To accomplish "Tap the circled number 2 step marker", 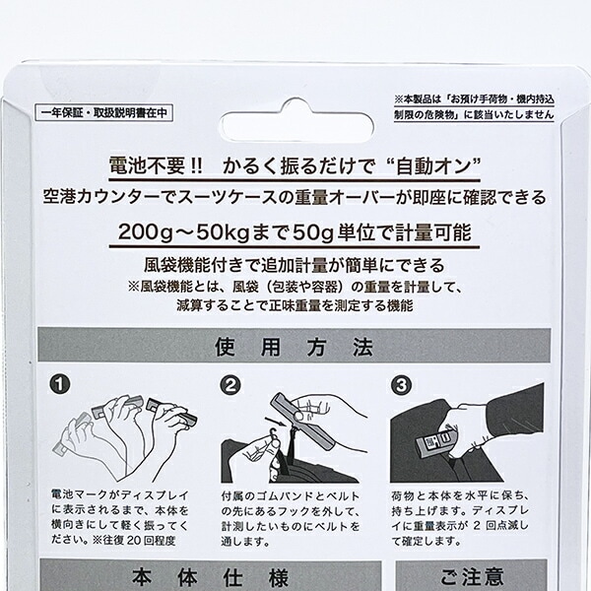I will tap(231, 385).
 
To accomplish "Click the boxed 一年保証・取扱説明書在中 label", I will tap(101, 113).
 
